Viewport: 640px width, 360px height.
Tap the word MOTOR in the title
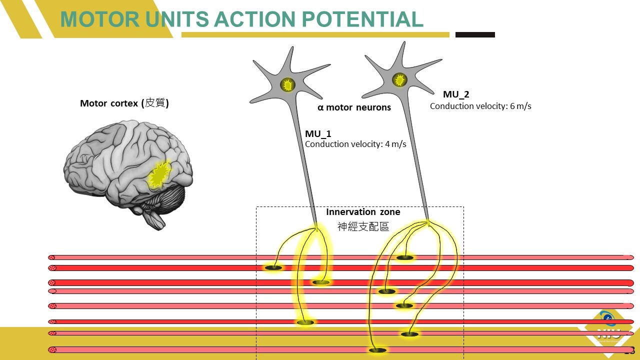coord(100,19)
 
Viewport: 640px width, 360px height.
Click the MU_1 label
coord(318,134)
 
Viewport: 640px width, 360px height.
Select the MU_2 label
coord(456,94)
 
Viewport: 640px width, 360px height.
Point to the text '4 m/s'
coord(395,144)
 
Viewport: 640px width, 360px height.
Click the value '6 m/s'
coord(520,106)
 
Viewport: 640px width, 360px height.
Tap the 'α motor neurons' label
coord(354,107)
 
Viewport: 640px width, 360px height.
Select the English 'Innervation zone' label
coord(363,212)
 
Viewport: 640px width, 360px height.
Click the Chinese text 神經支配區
coord(363,226)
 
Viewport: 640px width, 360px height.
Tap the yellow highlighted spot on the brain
coord(159,174)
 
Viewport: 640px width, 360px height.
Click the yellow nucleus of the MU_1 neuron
coord(287,85)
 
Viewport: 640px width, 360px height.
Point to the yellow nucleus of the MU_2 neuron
coord(399,79)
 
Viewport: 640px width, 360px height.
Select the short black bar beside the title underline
coord(475,35)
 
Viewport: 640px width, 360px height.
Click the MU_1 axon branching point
coord(316,229)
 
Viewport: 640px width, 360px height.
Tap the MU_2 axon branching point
coord(428,222)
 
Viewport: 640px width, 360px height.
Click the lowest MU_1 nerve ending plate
coord(305,322)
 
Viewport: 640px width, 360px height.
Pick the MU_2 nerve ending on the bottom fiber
coord(377,350)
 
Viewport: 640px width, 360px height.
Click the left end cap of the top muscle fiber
coord(51,257)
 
